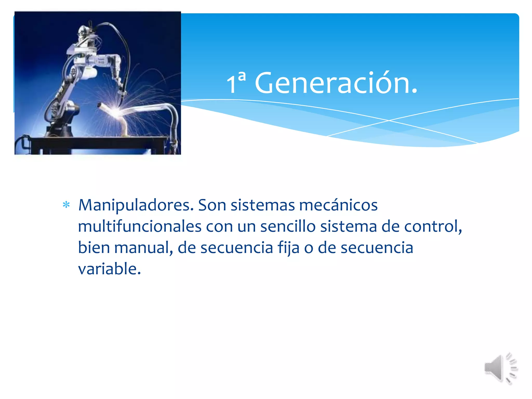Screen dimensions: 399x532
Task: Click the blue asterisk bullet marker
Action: [x=66, y=205]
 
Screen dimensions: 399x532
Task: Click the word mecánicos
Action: [x=338, y=205]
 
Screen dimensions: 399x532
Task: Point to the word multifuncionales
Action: [x=139, y=227]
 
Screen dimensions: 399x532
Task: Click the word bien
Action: [x=94, y=248]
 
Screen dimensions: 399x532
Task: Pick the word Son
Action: [x=212, y=205]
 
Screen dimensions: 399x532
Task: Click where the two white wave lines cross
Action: [x=389, y=121]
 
